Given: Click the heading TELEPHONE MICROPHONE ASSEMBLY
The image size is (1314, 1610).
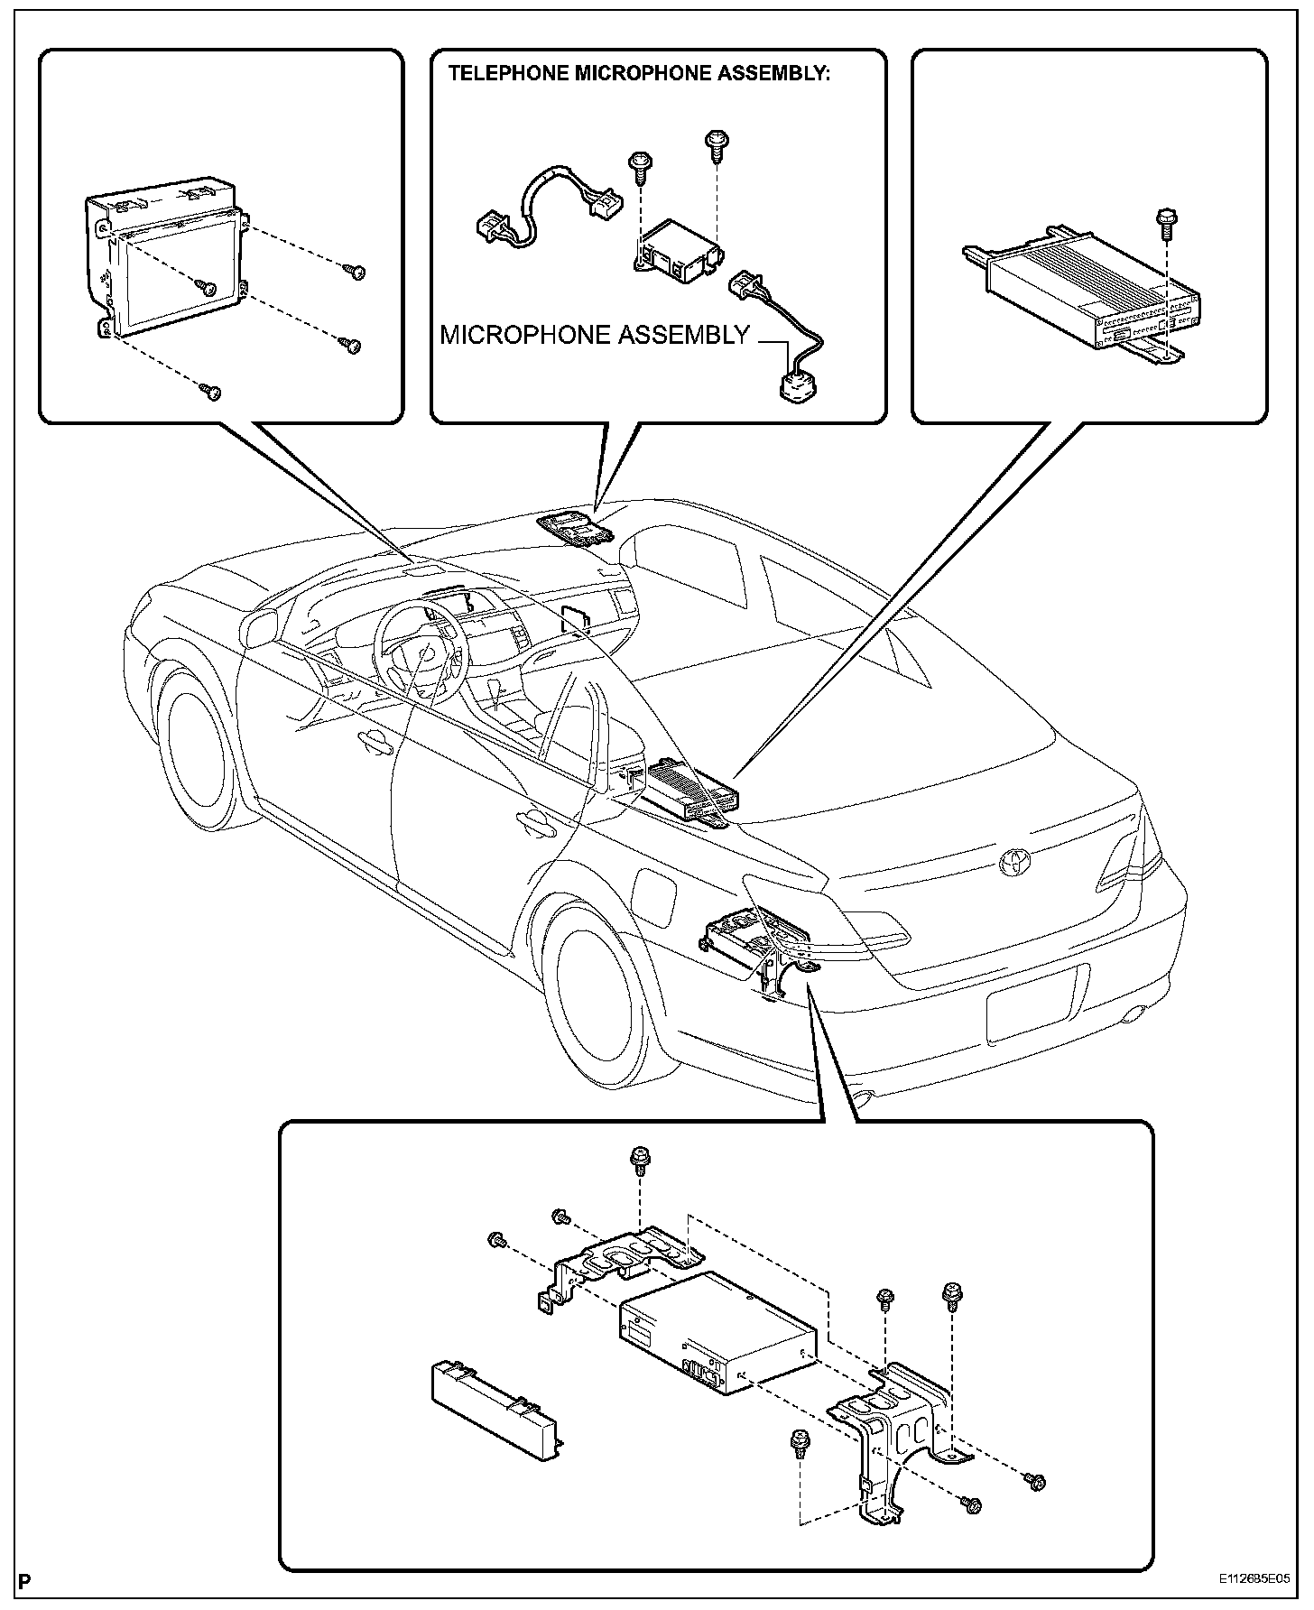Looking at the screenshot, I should [639, 74].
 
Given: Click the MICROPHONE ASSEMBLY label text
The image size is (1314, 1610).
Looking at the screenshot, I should [594, 335].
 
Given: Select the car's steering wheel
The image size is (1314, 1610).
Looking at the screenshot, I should [421, 648].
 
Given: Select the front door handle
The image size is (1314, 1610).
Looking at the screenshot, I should [372, 742].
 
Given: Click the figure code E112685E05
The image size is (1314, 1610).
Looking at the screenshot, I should [1254, 1580].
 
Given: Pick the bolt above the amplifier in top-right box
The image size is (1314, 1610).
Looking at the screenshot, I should [1164, 222].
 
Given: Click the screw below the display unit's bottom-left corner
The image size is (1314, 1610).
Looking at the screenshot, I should [213, 391].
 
